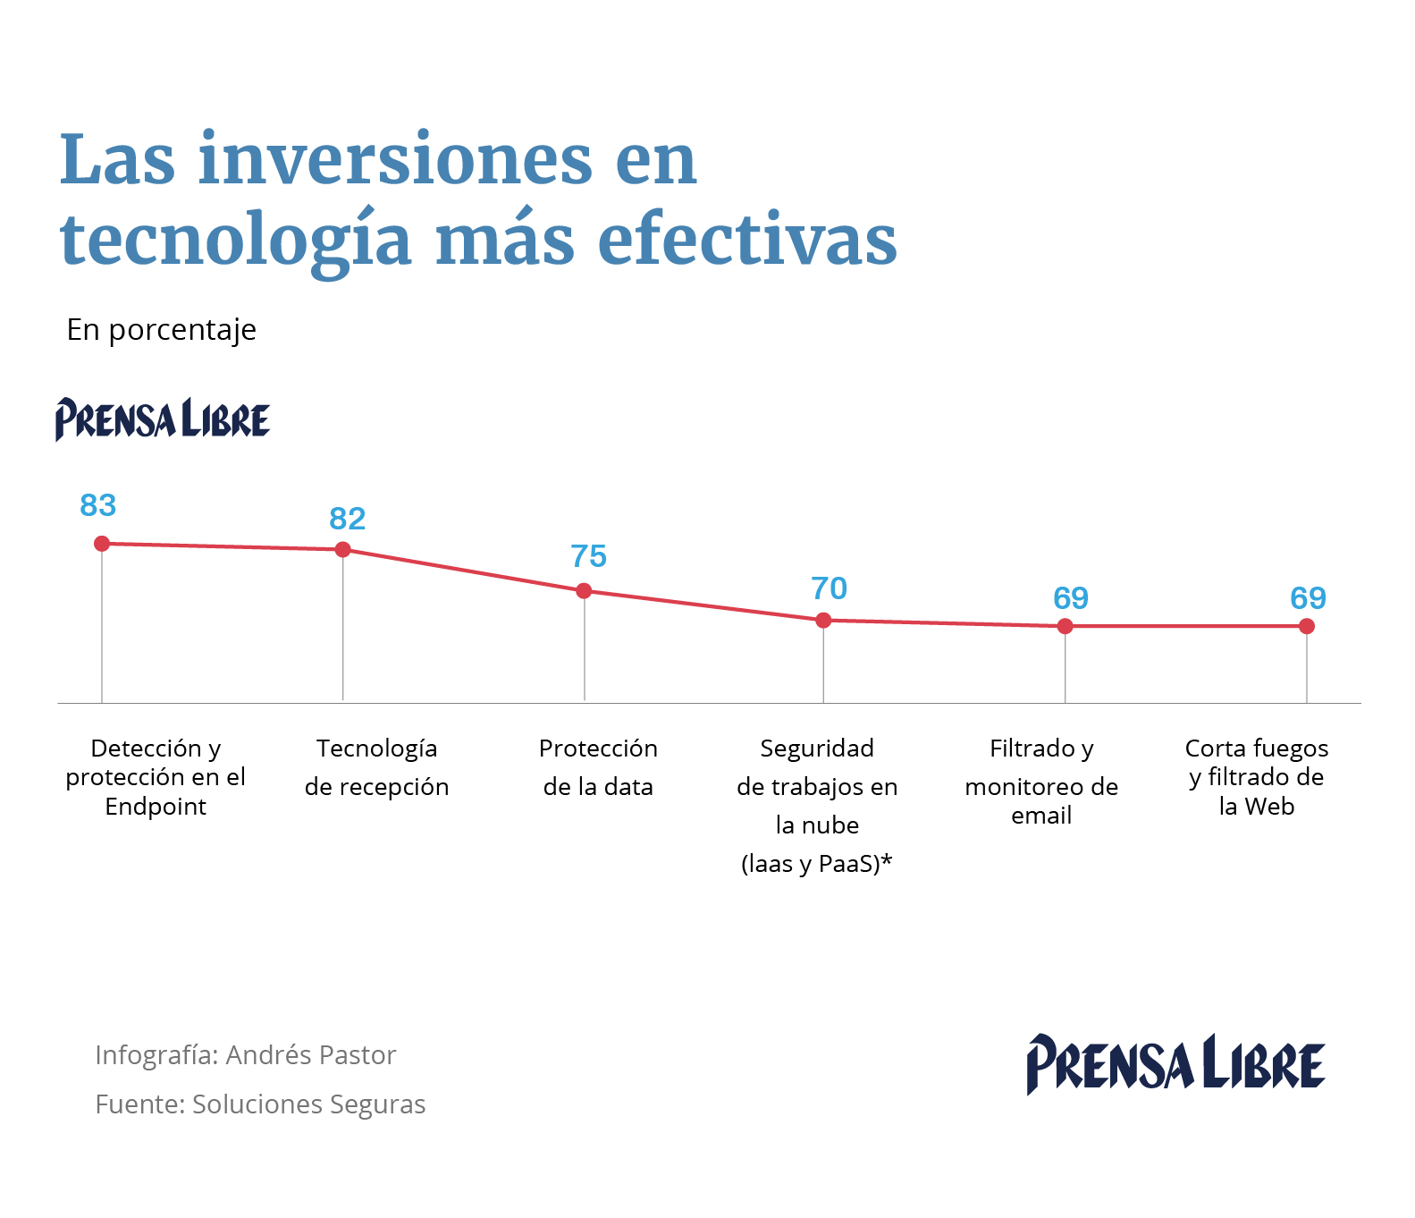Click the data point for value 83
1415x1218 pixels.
coord(102,544)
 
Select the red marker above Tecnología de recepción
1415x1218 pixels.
coord(343,549)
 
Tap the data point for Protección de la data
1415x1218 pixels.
coord(584,591)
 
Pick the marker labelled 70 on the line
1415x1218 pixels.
coord(824,620)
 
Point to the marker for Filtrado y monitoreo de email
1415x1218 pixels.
coord(1065,626)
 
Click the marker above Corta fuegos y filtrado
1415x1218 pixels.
coord(1307,626)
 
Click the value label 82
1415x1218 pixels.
coord(348,520)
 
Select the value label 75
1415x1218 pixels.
coord(589,557)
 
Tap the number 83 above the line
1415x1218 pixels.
coord(98,506)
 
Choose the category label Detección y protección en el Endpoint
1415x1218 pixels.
coord(156,777)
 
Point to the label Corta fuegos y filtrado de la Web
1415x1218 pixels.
coord(1256,777)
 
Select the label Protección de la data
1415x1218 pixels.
coord(598,767)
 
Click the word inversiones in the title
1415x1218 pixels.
coord(394,161)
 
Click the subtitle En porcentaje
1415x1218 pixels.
coord(162,330)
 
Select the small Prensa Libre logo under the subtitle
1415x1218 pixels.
coord(163,419)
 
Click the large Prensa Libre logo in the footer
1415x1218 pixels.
coord(1175,1064)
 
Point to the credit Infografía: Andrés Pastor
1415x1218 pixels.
coord(245,1055)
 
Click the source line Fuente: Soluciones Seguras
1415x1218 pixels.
coord(260,1104)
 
